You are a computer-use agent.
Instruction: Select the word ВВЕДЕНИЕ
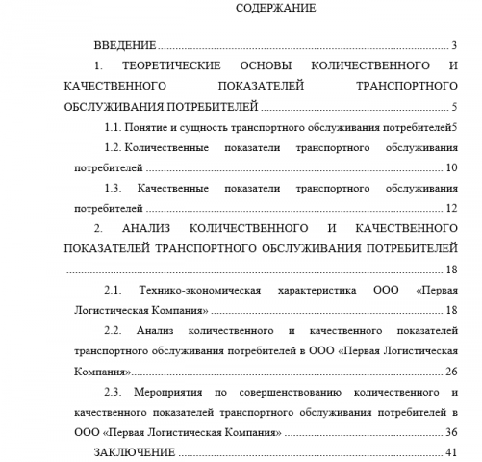click(x=125, y=45)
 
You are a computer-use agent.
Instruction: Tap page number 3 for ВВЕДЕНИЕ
click(x=452, y=45)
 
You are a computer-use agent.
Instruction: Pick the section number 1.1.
click(x=110, y=127)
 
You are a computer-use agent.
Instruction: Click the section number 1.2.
click(x=111, y=147)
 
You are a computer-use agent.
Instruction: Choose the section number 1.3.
click(x=112, y=189)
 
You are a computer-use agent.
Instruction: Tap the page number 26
click(x=451, y=372)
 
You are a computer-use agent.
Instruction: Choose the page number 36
click(x=451, y=433)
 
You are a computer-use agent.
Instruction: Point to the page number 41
click(x=451, y=453)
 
